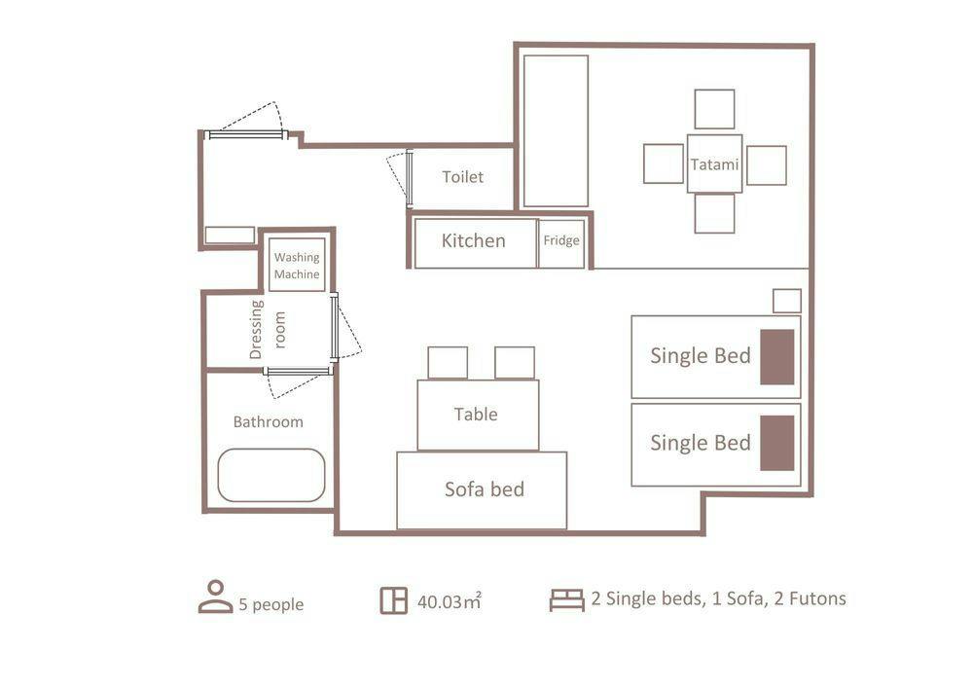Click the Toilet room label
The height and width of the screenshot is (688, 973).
point(462,177)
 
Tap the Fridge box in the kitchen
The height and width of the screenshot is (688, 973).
point(561,243)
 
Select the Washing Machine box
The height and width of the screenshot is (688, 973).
point(297,265)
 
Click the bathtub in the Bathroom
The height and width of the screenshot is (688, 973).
point(271,475)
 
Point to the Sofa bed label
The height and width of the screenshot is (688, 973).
point(485,489)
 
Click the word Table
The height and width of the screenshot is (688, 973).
point(476,414)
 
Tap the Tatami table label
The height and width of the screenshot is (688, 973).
point(714,164)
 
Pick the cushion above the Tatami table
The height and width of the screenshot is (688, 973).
point(714,109)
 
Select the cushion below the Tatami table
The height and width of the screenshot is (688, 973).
point(714,213)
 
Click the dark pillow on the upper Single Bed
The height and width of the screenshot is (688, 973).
point(777,357)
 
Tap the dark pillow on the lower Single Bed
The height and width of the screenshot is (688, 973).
point(777,443)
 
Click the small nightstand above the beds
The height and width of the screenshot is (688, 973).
point(787,301)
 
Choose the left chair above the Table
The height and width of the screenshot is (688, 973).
point(448,363)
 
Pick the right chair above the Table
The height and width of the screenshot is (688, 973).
point(515,363)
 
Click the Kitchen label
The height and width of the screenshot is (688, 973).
point(474,240)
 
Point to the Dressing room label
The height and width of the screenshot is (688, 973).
point(268,330)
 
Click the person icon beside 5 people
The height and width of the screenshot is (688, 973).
point(215,597)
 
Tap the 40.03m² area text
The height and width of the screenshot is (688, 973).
point(450,601)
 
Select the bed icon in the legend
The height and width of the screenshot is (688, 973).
point(566,599)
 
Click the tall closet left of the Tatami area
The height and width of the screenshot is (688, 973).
point(556,131)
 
